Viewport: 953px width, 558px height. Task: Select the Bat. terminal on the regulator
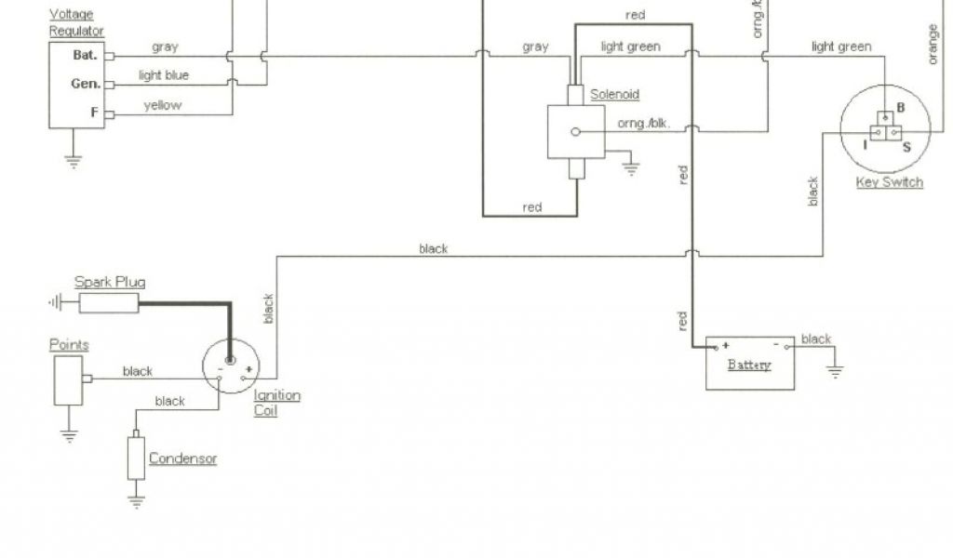85,55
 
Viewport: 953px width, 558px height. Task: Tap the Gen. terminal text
85,84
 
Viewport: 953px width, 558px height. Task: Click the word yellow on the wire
163,105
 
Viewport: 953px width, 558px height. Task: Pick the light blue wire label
164,75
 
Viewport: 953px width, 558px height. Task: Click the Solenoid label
615,95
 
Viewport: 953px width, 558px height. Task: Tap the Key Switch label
890,182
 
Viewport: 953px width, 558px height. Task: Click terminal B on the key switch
900,107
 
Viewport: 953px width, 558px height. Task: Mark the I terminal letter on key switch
866,146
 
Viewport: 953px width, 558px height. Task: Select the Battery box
750,364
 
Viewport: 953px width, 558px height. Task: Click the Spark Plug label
110,282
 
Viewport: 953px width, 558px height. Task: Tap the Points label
69,345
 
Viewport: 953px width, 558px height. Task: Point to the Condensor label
182,458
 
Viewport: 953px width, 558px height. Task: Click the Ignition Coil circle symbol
232,365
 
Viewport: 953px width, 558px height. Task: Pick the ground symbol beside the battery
835,370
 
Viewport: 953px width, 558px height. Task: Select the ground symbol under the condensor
137,501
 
